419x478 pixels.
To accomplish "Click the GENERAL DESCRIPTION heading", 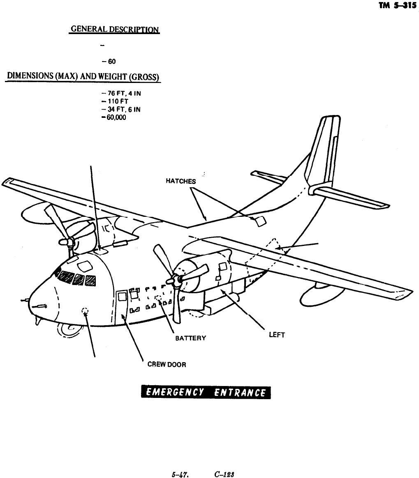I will pos(114,30).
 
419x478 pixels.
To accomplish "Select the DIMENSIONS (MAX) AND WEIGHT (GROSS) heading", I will pos(83,78).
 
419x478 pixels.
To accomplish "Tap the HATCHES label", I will pos(181,181).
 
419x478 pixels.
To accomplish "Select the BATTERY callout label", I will pos(190,338).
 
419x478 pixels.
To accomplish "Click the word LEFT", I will pos(277,335).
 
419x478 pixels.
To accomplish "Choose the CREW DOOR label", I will pos(167,364).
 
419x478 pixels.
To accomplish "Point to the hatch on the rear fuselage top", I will pos(260,222).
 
